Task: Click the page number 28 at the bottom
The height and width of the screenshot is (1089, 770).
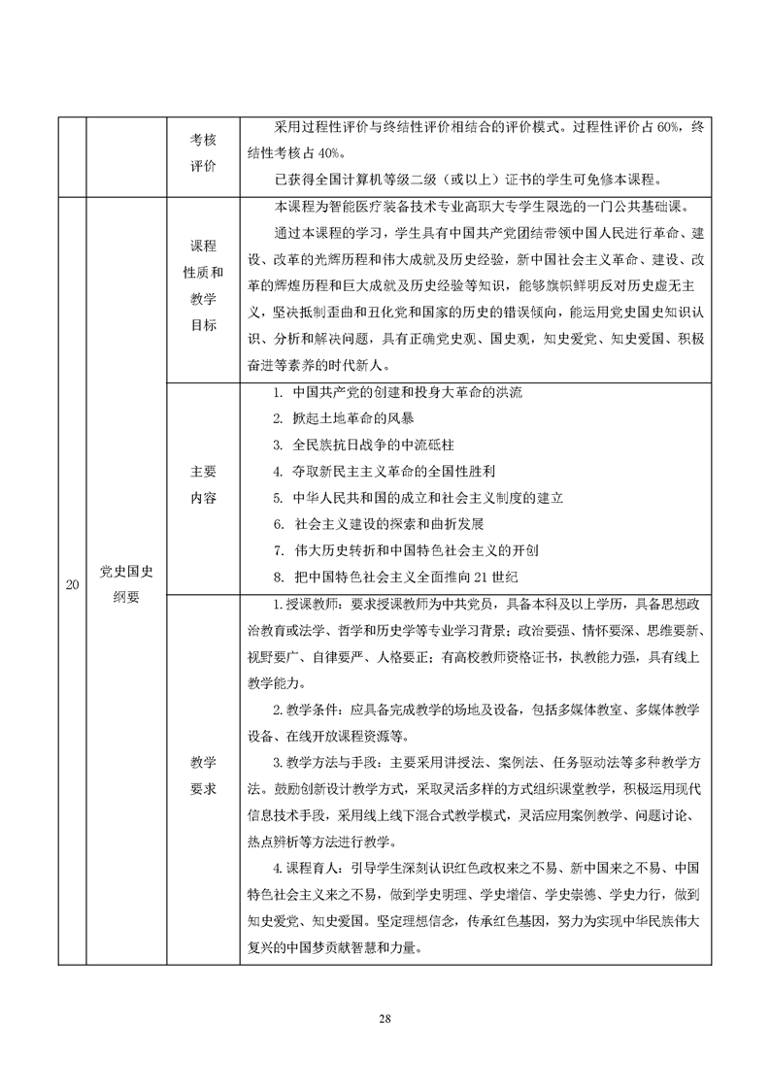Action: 385,1018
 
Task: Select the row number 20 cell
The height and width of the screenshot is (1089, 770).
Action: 72,586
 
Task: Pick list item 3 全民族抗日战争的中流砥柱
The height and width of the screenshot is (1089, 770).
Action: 370,445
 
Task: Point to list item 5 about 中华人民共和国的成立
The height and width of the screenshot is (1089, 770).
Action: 418,497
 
